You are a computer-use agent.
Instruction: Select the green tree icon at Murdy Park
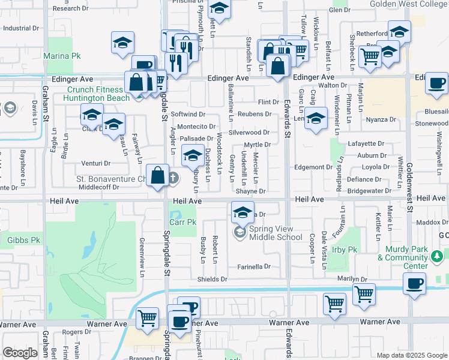437,257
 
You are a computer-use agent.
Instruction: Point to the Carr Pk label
183,222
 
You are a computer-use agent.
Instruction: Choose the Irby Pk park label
344,250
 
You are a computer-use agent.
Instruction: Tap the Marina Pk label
62,56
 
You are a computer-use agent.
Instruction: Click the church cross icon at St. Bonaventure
173,178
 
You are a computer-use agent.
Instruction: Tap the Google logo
20,352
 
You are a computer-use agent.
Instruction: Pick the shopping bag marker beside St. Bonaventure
158,176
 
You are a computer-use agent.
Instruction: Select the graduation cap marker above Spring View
243,212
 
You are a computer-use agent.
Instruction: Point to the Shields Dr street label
212,279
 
